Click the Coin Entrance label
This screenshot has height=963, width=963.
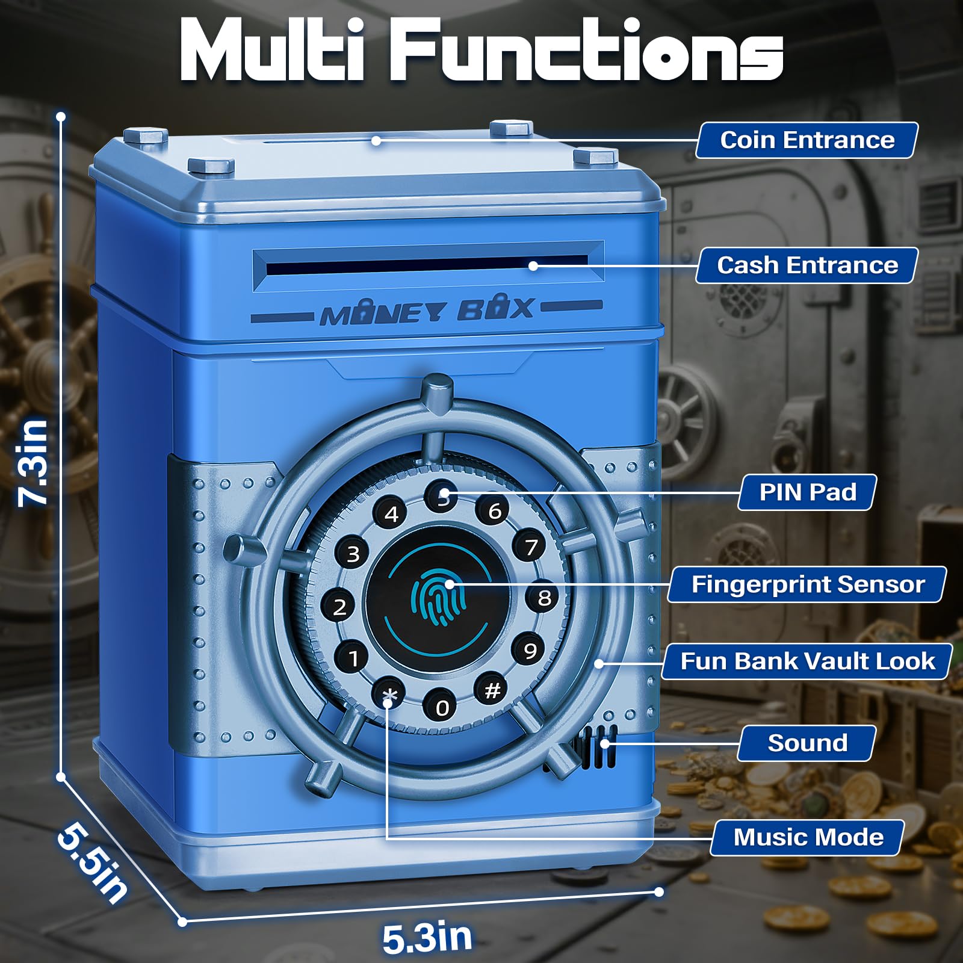[807, 140]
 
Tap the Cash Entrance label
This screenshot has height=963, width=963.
[807, 265]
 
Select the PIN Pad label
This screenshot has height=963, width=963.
[807, 492]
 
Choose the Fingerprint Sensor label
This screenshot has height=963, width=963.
[807, 584]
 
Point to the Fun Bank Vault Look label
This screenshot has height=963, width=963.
[807, 661]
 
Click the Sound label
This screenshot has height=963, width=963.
[807, 743]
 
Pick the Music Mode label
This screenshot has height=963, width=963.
[808, 837]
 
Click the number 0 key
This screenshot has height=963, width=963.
[442, 707]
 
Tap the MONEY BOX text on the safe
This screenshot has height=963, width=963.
[427, 311]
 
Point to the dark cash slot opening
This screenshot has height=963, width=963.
[427, 265]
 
